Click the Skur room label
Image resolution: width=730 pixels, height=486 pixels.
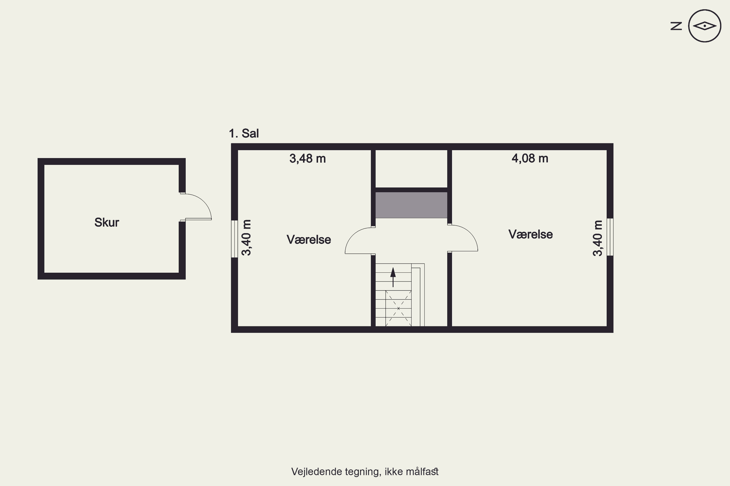coord(107,222)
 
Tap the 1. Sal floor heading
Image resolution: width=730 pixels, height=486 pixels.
coord(244,133)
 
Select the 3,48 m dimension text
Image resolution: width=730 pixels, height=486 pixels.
coord(308,159)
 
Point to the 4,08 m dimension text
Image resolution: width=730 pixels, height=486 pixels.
coord(530,158)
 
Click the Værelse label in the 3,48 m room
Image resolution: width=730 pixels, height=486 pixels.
coord(309,240)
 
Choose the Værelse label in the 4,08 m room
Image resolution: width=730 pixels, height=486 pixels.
coord(530,234)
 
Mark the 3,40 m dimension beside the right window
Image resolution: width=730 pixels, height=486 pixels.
coord(597,238)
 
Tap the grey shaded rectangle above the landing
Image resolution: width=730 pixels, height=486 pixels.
coord(411,205)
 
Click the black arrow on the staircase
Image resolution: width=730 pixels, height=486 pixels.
coord(393,277)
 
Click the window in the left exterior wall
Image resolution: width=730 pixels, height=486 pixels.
coord(234,239)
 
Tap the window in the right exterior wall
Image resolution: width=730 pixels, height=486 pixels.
coord(610,237)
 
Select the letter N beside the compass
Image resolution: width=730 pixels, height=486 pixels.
coord(676,26)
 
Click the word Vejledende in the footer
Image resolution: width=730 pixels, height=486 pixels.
coord(316,471)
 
